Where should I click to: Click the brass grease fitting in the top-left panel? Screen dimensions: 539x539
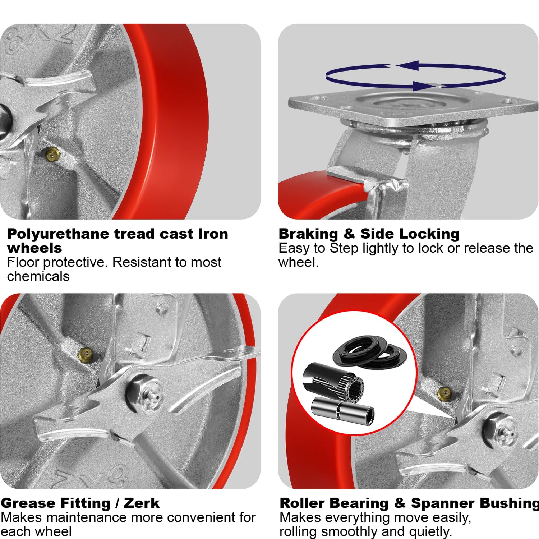click(x=52, y=155)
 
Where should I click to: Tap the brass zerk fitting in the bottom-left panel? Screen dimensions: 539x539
click(x=85, y=354)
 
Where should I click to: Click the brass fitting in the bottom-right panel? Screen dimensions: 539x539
click(x=444, y=394)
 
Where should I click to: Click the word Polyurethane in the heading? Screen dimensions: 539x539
click(x=58, y=234)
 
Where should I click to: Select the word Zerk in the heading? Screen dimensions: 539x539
click(x=142, y=503)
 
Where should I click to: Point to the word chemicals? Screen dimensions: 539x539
click(x=38, y=276)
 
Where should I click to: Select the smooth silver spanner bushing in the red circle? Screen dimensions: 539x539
click(x=342, y=411)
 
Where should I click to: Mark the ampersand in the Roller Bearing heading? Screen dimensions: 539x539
click(x=400, y=503)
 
